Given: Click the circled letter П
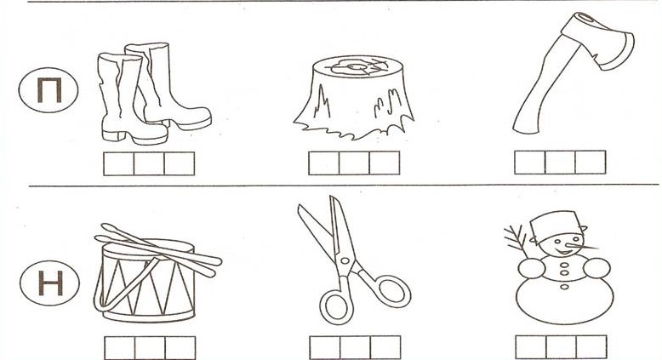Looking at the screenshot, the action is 49,90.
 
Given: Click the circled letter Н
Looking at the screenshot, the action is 50,283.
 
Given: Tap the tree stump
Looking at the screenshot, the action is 354,97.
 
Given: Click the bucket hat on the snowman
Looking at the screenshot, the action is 556,226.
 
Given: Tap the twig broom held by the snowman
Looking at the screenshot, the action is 516,241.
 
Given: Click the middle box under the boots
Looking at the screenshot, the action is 149,163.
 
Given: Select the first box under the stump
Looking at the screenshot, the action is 324,163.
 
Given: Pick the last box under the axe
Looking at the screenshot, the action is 591,162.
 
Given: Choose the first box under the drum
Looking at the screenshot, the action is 120,348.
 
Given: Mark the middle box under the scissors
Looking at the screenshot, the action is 355,348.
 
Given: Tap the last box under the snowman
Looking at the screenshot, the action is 591,347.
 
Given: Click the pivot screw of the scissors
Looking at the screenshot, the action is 345,260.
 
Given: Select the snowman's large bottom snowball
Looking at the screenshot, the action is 565,300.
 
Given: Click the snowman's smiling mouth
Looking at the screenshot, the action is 562,252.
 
